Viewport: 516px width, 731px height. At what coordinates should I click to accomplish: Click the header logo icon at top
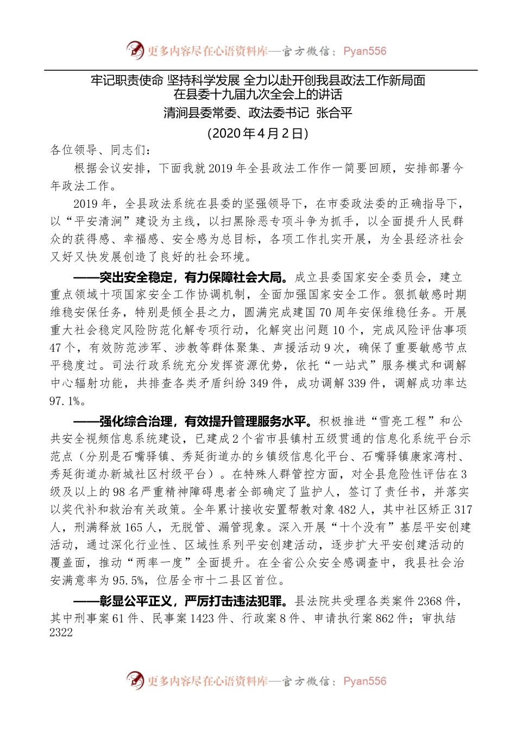(x=135, y=51)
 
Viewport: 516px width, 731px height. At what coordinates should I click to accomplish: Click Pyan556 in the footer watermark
(x=364, y=681)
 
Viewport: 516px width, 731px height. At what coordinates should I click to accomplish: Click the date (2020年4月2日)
(x=258, y=133)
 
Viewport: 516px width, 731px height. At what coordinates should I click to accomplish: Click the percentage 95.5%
(x=128, y=581)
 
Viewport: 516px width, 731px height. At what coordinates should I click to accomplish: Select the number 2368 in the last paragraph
(x=430, y=601)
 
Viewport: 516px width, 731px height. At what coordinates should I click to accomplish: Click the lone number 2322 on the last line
(x=61, y=633)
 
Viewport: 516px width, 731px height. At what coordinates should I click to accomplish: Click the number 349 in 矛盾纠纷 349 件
(x=260, y=383)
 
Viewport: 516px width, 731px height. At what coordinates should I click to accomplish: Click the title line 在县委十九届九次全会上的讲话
(x=258, y=95)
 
